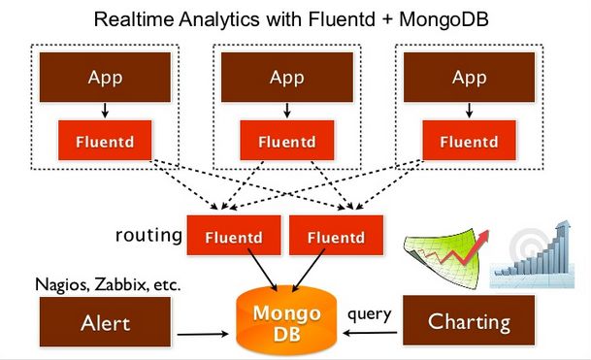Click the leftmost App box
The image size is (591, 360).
coord(105,77)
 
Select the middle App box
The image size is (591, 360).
coord(286,77)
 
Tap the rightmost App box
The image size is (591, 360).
coord(469,77)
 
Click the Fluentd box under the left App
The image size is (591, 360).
coord(105,141)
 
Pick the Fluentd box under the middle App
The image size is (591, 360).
coord(286,141)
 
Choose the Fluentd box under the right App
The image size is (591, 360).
coord(469,141)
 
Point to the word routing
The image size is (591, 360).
coord(148,236)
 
